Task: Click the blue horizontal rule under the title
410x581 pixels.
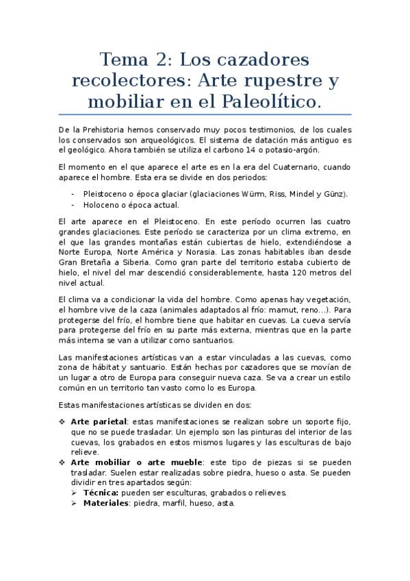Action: pos(205,114)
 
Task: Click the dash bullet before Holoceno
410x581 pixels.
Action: pos(73,205)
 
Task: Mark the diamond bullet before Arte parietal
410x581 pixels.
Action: pos(63,421)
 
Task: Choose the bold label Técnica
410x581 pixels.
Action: pos(101,493)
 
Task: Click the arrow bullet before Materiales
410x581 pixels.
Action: pos(74,503)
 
